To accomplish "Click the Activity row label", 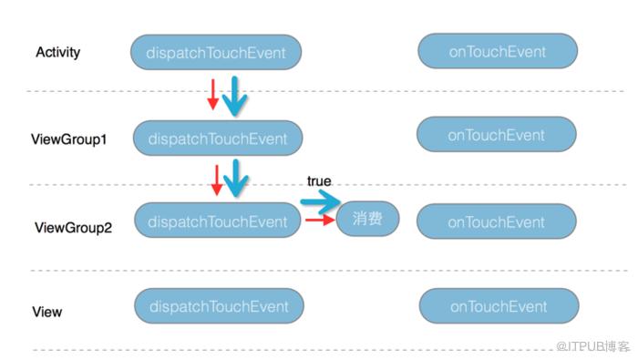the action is tap(57, 53).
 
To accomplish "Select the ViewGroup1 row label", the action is tap(68, 139).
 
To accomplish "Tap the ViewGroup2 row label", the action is tap(73, 227).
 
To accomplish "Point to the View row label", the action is tap(47, 312).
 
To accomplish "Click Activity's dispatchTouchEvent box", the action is tap(216, 52).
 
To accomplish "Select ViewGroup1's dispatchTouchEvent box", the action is tap(218, 139).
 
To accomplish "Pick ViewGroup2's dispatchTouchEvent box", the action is tap(217, 221).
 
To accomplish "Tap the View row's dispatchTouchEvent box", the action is tap(219, 306).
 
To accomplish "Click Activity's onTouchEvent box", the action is tap(498, 51).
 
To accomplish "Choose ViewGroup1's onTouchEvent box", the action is tap(497, 134).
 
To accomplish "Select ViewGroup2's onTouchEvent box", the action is tap(497, 221).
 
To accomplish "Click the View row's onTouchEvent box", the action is tap(499, 306).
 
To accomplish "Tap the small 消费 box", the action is tap(367, 219).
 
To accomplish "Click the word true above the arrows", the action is tap(319, 181).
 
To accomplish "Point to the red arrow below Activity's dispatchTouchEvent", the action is tap(212, 95).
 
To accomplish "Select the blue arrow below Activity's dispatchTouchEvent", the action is tap(235, 96).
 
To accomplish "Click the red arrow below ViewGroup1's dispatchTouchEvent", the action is tap(217, 180).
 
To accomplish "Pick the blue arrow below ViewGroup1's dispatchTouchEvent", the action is tap(236, 178).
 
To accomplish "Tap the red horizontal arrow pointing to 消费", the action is tap(320, 220).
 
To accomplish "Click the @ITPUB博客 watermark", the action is tap(592, 346).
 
